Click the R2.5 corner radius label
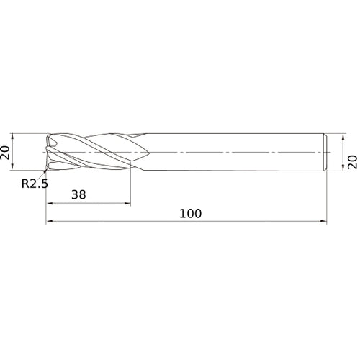click(x=35, y=184)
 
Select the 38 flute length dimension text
click(x=78, y=194)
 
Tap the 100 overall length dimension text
click(x=191, y=214)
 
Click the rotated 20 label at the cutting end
click(x=5, y=153)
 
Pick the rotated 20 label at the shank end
click(x=353, y=162)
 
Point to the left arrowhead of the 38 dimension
click(x=49, y=204)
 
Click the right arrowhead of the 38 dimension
click(x=127, y=204)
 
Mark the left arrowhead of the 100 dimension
click(x=49, y=221)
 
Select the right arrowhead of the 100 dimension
click(x=323, y=221)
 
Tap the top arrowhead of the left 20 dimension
click(x=12, y=137)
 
